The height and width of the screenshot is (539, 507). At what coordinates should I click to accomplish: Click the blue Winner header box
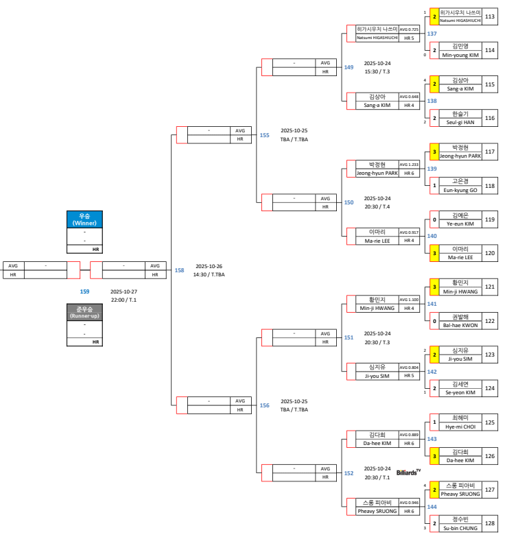point(84,219)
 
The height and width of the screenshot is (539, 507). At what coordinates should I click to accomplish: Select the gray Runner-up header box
point(84,313)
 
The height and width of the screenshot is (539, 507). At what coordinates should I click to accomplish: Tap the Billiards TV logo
point(408,472)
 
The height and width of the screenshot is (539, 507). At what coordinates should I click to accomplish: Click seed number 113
point(490,16)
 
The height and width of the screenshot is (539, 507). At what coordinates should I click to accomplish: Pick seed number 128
point(490,523)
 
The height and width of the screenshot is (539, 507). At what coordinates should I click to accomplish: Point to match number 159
point(84,291)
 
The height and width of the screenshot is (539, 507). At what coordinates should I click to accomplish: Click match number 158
point(179,270)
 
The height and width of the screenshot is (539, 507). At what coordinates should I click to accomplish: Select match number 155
point(264,135)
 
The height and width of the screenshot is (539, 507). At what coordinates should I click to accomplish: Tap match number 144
point(432,506)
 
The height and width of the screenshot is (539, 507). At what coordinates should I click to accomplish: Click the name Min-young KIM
point(460,55)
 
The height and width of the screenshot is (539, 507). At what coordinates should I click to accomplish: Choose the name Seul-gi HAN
point(460,122)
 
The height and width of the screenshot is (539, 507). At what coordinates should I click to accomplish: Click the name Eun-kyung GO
point(460,190)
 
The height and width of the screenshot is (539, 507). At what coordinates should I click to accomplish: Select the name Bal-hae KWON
point(460,325)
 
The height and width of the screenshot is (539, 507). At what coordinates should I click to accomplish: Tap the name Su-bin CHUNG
point(460,527)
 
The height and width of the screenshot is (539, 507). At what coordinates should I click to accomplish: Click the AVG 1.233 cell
point(409,165)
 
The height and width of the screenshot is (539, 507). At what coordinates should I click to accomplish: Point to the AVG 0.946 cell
point(409,503)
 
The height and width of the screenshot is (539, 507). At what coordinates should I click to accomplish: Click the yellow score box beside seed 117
point(434,152)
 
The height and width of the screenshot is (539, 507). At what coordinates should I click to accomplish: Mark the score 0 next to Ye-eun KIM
point(434,219)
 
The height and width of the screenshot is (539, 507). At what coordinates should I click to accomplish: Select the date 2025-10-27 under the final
point(124,291)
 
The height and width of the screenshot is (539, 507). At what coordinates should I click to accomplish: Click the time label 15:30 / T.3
point(377,71)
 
